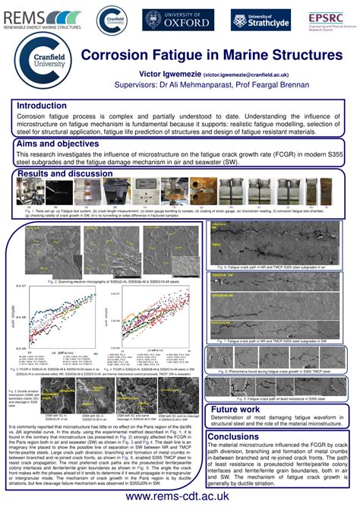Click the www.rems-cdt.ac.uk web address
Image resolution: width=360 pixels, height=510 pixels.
[x=181, y=495]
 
